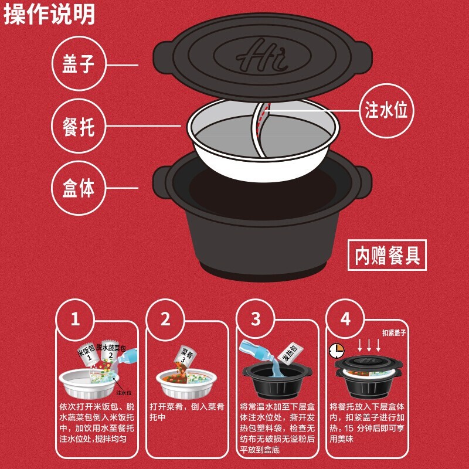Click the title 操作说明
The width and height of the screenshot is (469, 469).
(49, 13)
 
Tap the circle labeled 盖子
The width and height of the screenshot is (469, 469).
(79, 63)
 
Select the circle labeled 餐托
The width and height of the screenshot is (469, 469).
(79, 126)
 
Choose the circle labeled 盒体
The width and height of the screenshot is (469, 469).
(79, 188)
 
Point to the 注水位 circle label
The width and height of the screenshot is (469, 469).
(386, 110)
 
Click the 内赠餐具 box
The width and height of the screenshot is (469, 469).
(387, 255)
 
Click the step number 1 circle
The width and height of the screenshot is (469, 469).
(75, 319)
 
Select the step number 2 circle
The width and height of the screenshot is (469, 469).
(165, 319)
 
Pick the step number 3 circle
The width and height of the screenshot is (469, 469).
(255, 319)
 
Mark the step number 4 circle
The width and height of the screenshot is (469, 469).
(345, 319)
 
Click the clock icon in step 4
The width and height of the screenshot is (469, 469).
(337, 351)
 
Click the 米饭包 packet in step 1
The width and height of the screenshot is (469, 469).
(87, 354)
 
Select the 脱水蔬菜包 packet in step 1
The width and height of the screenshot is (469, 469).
(111, 352)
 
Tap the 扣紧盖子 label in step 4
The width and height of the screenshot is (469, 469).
(394, 332)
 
